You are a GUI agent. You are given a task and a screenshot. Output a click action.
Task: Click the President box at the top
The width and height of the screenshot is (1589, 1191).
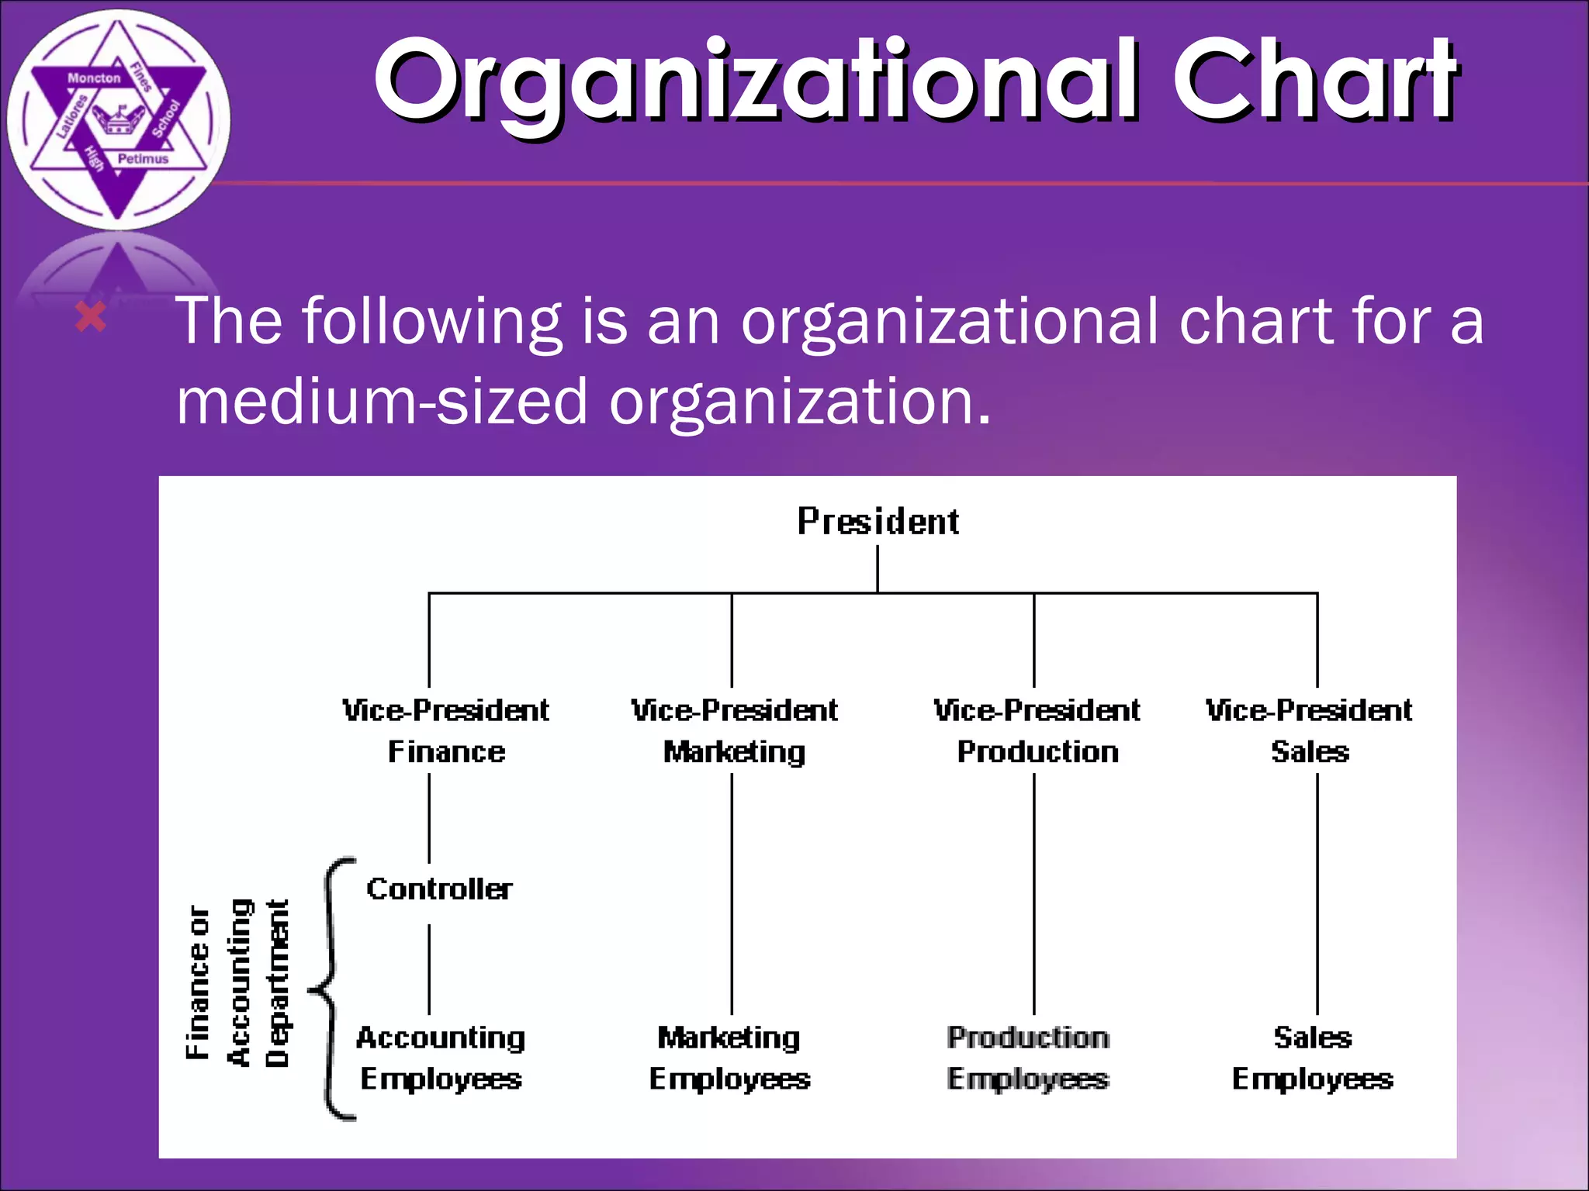pyautogui.click(x=878, y=521)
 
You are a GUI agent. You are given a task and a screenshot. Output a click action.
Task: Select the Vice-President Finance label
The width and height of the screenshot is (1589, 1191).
pyautogui.click(x=446, y=730)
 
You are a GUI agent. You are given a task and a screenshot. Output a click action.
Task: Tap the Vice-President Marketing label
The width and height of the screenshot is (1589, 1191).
pyautogui.click(x=734, y=730)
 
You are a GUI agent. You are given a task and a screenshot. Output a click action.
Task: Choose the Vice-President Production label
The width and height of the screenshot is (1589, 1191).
pyautogui.click(x=1037, y=730)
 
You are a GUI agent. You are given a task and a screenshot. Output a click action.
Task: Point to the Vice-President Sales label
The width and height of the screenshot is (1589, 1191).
pyautogui.click(x=1310, y=730)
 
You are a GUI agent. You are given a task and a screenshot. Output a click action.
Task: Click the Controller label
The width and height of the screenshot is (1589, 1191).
pyautogui.click(x=439, y=889)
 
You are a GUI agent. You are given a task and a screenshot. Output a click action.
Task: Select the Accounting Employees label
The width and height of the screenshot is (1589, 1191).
pyautogui.click(x=441, y=1058)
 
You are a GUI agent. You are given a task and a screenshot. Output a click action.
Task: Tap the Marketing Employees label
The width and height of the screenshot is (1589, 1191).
pyautogui.click(x=729, y=1058)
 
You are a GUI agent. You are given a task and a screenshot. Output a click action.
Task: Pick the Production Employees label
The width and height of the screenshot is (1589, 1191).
pyautogui.click(x=1028, y=1058)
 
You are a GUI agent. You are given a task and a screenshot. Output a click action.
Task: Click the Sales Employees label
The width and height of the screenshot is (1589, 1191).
pyautogui.click(x=1313, y=1058)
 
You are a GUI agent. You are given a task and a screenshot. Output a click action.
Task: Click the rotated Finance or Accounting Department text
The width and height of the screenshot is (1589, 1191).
pyautogui.click(x=237, y=983)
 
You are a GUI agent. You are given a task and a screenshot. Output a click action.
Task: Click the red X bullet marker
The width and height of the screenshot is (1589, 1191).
pyautogui.click(x=91, y=318)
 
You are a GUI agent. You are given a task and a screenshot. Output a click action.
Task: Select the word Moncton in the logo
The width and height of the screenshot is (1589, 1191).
pyautogui.click(x=94, y=78)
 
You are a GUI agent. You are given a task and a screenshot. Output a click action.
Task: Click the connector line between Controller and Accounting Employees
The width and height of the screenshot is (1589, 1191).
pyautogui.click(x=429, y=969)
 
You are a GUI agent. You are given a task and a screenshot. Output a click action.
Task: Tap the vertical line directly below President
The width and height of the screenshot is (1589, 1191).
pyautogui.click(x=878, y=568)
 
